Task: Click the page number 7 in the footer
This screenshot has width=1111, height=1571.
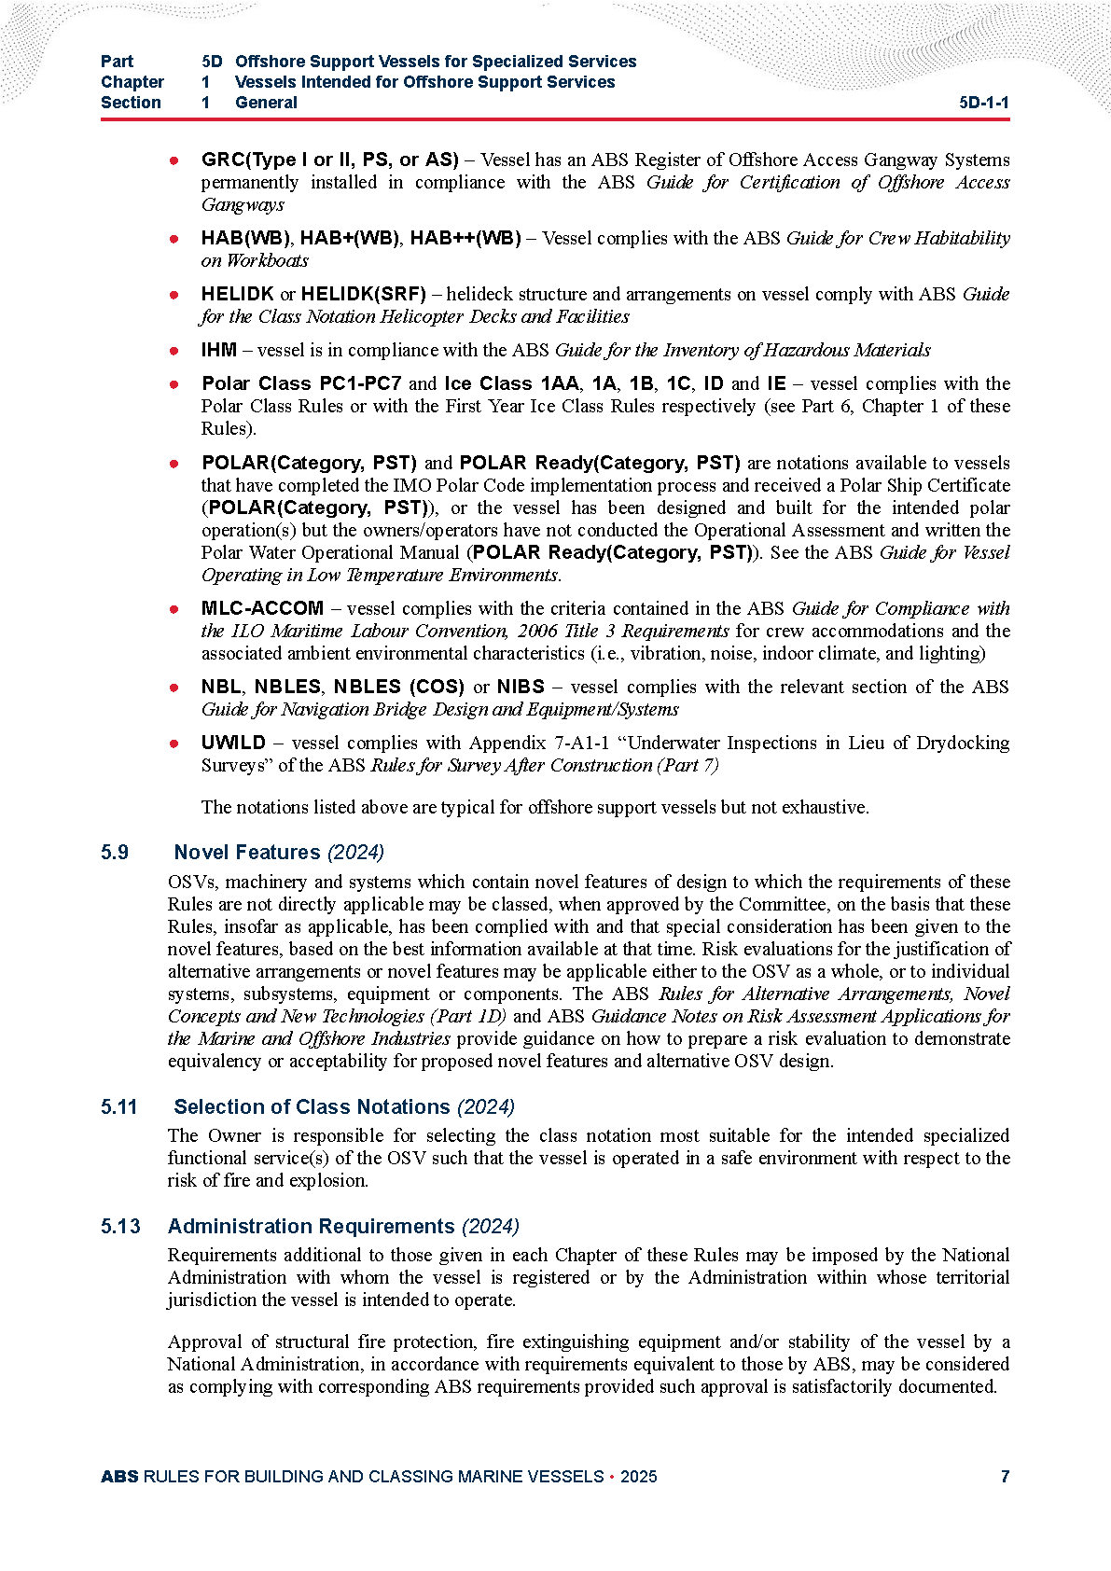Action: pos(1005,1476)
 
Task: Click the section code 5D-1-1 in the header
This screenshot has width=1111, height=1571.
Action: pos(983,103)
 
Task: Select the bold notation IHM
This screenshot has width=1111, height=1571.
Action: pos(218,350)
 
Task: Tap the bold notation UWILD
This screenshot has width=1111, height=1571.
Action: pos(233,743)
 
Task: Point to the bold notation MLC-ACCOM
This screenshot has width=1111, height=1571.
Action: pos(262,608)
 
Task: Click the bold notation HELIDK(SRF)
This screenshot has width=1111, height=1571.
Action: pos(363,294)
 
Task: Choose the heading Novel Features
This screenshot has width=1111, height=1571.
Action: pos(247,852)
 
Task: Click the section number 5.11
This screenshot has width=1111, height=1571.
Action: pos(118,1106)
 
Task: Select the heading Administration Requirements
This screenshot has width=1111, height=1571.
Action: pos(311,1226)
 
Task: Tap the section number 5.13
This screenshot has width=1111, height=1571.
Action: pos(120,1226)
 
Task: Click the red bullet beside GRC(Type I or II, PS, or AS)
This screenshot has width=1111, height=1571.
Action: pos(174,160)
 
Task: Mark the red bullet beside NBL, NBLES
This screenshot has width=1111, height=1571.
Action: pos(174,688)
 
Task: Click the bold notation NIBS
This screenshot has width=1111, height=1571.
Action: pos(521,687)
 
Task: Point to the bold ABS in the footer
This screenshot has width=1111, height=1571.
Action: pos(119,1476)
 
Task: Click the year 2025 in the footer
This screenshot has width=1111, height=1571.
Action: pos(638,1476)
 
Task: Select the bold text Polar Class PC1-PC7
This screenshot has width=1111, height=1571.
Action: pos(301,383)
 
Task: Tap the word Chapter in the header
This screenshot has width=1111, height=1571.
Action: pos(132,82)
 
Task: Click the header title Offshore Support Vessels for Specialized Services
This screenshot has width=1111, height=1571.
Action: pos(436,62)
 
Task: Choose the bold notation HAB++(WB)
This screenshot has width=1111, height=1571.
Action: pos(465,238)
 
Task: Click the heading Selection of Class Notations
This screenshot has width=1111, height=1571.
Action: pos(312,1106)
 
